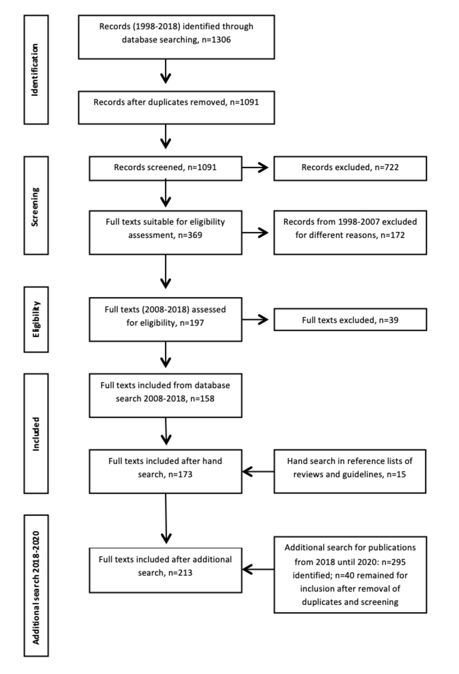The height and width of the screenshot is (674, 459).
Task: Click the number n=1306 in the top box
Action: [216, 40]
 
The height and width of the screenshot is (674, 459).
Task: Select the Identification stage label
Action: [36, 70]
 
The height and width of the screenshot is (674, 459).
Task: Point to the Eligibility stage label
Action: [36, 319]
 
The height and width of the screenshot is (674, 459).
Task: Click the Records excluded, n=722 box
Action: [350, 168]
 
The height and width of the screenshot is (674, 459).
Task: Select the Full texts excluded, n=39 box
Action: [350, 320]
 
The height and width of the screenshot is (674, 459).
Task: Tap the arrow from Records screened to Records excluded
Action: [255, 168]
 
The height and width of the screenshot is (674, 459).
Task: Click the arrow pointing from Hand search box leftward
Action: [258, 472]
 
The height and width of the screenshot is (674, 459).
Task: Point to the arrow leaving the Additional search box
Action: [258, 570]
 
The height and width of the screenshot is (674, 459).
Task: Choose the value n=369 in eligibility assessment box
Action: [190, 235]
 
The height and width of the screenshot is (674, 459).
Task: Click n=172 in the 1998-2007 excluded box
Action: [393, 235]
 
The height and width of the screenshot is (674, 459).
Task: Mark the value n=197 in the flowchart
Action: [192, 323]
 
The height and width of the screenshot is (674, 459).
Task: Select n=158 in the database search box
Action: [202, 398]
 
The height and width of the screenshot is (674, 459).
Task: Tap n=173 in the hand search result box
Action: [180, 474]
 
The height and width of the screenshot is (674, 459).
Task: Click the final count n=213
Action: [180, 573]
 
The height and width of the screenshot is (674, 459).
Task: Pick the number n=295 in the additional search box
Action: [393, 562]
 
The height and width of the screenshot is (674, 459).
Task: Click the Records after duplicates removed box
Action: [176, 107]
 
